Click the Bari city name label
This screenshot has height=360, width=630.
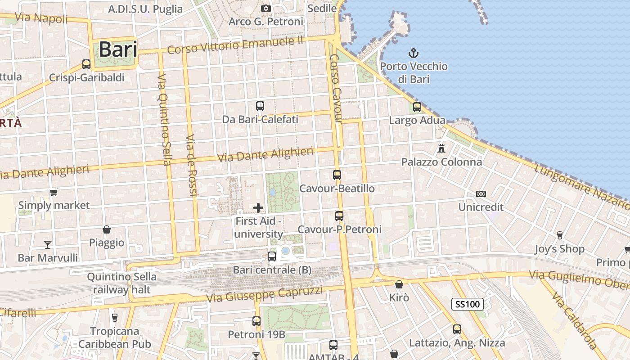click(117, 49)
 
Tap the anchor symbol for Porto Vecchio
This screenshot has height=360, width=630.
click(413, 54)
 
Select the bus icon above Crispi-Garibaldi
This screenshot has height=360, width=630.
click(86, 64)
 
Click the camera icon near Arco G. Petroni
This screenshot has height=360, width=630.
click(265, 8)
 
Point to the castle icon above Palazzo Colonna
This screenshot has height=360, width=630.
click(441, 148)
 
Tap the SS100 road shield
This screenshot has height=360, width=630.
click(468, 304)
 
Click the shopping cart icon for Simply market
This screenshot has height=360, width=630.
click(54, 193)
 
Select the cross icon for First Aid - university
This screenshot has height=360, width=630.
click(258, 207)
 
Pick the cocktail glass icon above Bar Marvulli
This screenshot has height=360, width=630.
click(48, 245)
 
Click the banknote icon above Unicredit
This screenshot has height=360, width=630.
click(481, 194)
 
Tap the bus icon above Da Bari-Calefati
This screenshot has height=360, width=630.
click(260, 106)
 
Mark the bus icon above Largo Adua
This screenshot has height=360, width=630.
click(417, 107)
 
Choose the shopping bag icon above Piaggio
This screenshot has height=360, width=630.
click(107, 229)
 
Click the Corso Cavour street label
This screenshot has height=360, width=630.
click(336, 89)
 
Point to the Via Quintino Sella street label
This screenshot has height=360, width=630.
click(164, 119)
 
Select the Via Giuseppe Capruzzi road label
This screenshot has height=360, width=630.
click(265, 294)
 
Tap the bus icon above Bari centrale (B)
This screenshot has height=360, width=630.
click(272, 256)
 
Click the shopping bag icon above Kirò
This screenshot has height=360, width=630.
click(399, 284)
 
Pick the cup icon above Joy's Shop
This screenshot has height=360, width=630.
click(559, 235)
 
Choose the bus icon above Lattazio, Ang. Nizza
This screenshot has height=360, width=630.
click(457, 329)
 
